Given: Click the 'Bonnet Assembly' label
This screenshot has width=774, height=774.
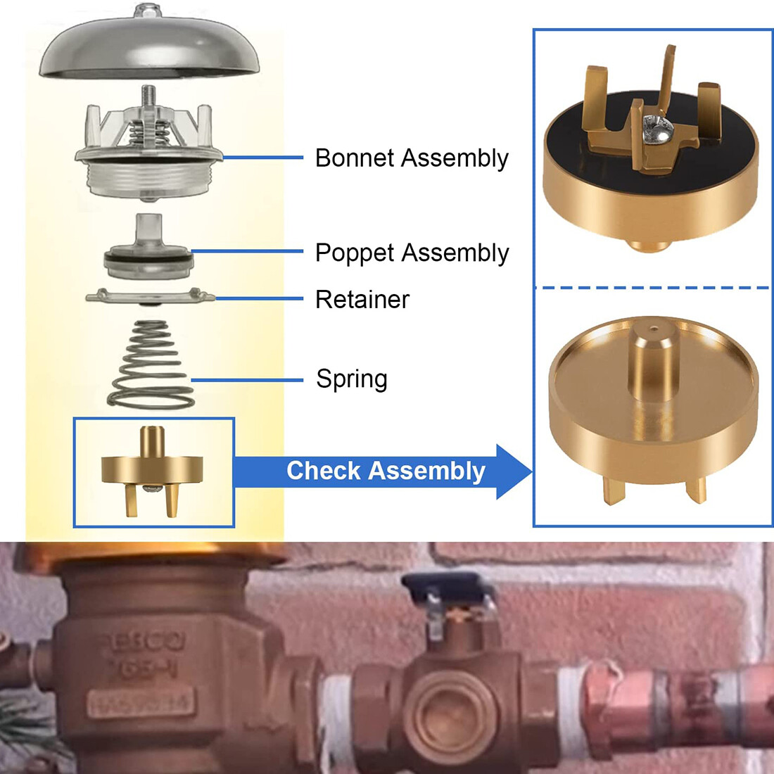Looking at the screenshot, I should [x=412, y=158].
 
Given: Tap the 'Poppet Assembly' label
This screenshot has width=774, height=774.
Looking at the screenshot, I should [x=412, y=253].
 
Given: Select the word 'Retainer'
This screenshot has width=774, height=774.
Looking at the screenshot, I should [x=362, y=300].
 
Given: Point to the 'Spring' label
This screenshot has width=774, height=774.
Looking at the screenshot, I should [x=351, y=379].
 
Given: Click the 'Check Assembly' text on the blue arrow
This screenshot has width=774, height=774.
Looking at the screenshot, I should [x=386, y=471].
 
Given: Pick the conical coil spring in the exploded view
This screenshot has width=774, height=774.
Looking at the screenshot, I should [x=151, y=366].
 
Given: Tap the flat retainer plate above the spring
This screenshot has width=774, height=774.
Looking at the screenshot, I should [x=150, y=297].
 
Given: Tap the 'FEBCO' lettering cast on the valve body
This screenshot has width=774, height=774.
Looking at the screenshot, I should [x=140, y=642].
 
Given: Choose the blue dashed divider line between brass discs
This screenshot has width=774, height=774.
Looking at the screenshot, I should [x=652, y=288].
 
